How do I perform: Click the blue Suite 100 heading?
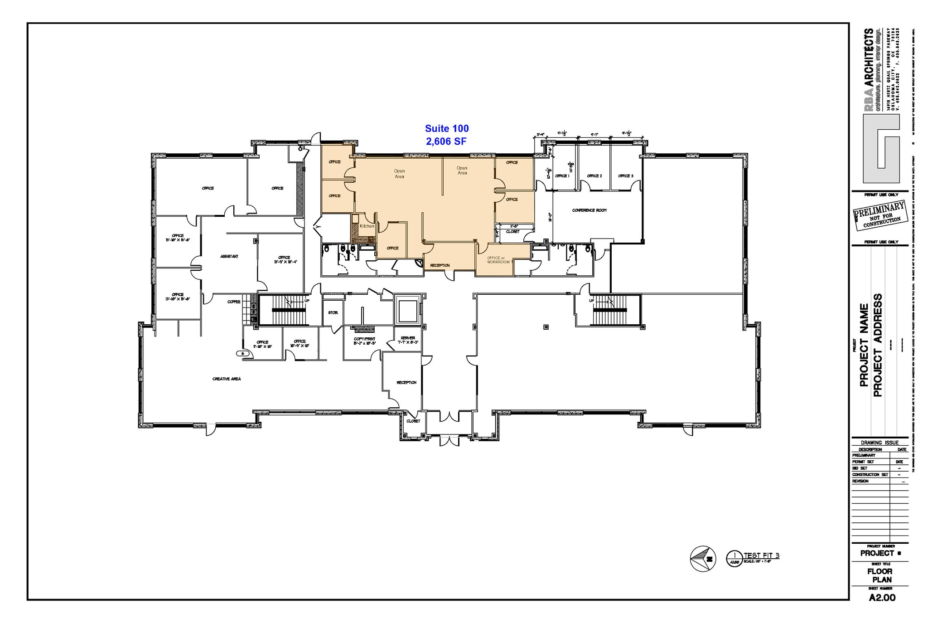click(446, 129)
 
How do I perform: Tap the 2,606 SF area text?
click(446, 141)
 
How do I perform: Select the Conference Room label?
click(589, 210)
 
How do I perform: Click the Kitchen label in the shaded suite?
click(367, 226)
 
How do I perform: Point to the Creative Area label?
click(227, 379)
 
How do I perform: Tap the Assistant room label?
click(229, 257)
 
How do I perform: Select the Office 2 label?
click(594, 176)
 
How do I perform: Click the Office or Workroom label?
click(498, 260)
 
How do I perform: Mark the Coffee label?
click(234, 302)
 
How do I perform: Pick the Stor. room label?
click(333, 313)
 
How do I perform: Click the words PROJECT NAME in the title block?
click(864, 345)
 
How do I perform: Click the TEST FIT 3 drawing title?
click(761, 556)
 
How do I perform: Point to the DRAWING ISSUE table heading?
click(880, 443)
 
